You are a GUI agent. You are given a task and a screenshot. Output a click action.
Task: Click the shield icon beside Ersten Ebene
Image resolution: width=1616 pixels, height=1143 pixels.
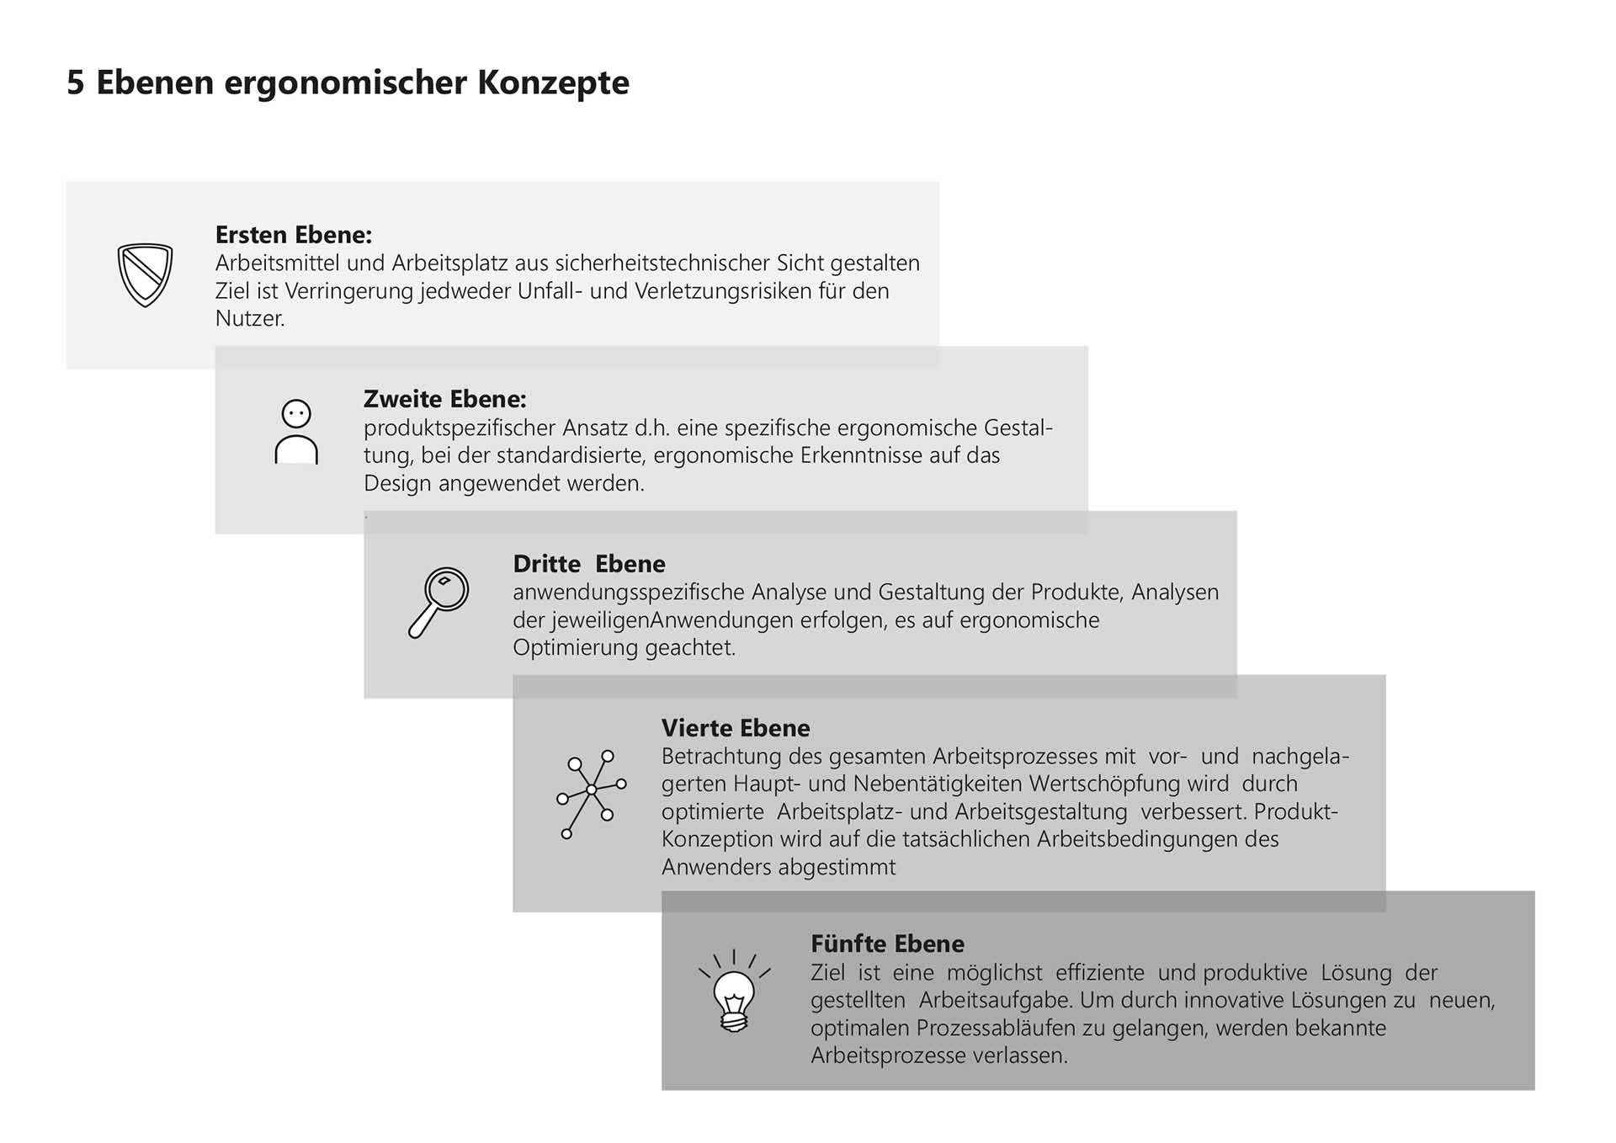click(145, 275)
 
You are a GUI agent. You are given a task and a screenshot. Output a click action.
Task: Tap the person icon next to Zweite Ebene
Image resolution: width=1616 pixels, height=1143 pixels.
click(296, 433)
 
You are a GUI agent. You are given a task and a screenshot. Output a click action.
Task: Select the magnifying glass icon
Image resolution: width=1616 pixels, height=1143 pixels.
click(439, 602)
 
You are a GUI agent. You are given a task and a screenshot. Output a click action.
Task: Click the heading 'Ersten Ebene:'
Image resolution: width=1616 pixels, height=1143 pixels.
click(293, 234)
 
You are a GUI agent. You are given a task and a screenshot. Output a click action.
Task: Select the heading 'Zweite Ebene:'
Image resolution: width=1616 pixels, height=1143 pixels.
click(444, 399)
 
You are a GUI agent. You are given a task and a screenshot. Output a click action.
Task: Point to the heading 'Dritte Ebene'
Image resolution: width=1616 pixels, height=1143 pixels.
click(588, 564)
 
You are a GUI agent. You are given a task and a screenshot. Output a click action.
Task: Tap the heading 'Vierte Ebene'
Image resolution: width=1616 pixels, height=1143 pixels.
click(735, 728)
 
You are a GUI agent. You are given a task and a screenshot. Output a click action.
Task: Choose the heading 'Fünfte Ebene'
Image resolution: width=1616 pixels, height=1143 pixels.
click(887, 944)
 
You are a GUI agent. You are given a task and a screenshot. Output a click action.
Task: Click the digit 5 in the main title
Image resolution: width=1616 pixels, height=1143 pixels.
click(76, 82)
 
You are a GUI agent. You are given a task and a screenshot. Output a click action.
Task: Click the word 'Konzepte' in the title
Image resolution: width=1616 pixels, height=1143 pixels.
click(553, 82)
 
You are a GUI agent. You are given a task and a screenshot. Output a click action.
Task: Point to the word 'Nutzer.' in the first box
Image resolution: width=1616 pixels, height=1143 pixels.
click(250, 319)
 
